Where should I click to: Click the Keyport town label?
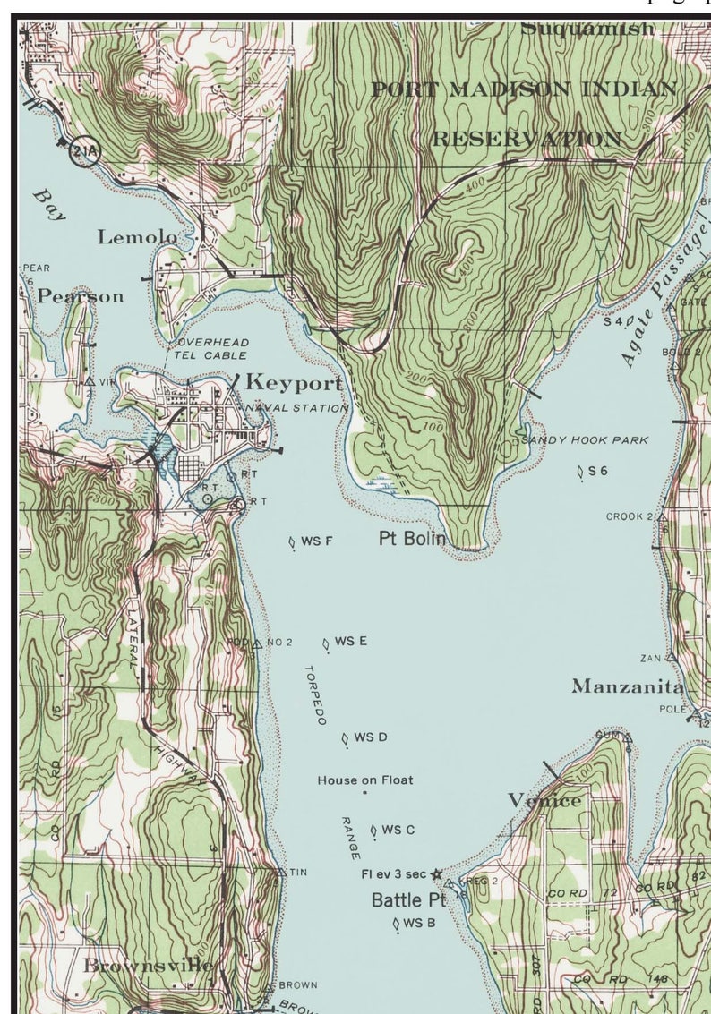click(x=294, y=383)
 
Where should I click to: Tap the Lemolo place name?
click(x=137, y=237)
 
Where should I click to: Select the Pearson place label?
click(x=80, y=296)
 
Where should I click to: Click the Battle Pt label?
click(x=408, y=899)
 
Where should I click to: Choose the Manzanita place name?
click(x=628, y=686)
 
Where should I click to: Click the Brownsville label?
click(x=149, y=966)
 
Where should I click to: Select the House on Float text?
click(x=365, y=780)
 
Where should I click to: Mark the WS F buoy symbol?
click(x=292, y=541)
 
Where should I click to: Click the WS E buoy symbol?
click(x=326, y=643)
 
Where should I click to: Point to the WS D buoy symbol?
click(x=345, y=738)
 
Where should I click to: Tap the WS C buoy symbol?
click(x=373, y=831)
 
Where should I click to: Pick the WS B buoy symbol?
click(x=396, y=925)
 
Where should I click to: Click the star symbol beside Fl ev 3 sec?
click(x=436, y=874)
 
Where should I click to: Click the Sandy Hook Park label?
click(x=584, y=440)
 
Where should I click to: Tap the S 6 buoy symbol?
click(x=581, y=471)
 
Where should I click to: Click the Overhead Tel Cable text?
click(x=212, y=349)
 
